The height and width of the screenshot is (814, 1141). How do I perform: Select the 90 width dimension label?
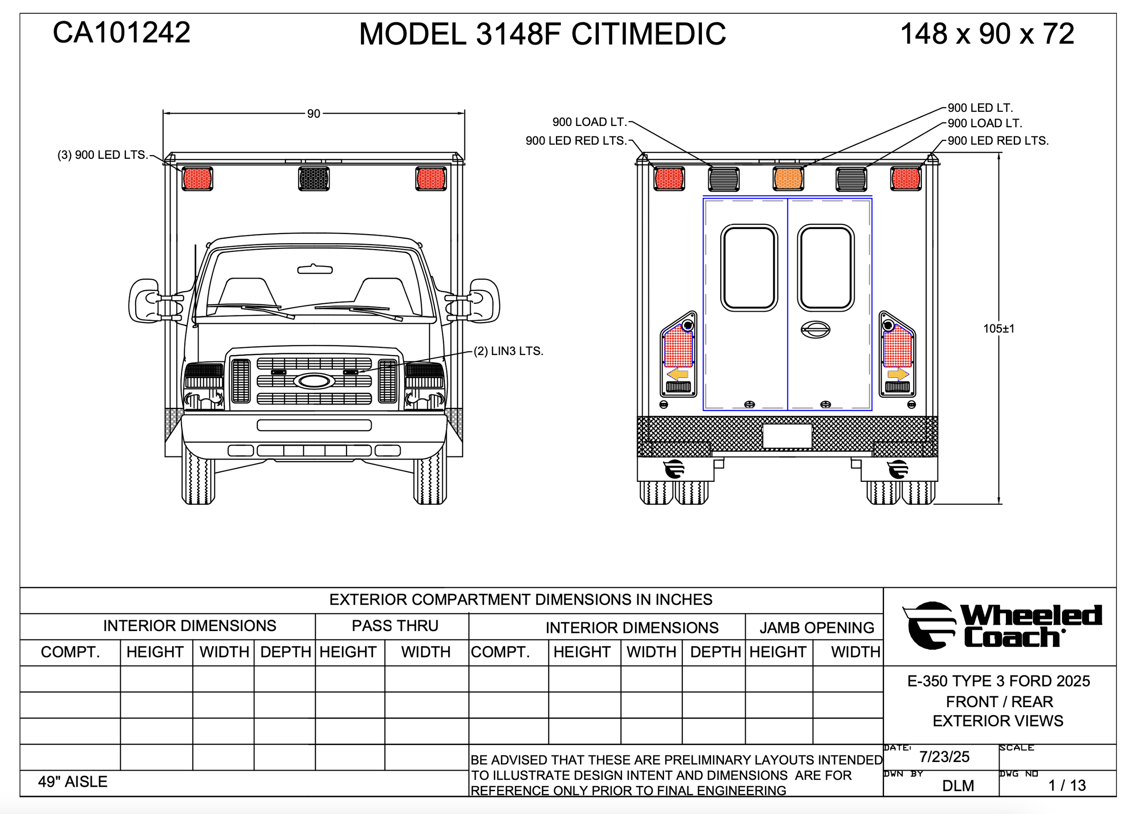[314, 114]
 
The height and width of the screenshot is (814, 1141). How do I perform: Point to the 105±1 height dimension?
[999, 329]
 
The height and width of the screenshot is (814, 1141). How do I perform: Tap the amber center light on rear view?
[788, 178]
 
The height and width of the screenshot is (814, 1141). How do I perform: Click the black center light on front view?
[314, 178]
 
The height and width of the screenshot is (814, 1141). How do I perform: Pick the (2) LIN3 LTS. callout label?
[508, 351]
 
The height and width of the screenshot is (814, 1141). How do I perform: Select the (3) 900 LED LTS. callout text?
[103, 155]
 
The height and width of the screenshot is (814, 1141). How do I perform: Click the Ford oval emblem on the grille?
[314, 381]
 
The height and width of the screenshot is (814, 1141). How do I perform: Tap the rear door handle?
[816, 329]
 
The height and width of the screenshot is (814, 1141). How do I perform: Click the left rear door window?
[749, 268]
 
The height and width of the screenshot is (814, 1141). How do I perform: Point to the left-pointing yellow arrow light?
[678, 374]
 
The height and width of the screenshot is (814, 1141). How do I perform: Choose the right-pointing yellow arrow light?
[898, 374]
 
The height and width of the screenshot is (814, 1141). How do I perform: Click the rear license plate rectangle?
[787, 436]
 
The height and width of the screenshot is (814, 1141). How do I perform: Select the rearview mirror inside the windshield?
[315, 270]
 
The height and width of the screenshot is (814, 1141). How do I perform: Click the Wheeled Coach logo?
[1003, 626]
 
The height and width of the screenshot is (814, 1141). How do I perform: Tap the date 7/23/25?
[944, 757]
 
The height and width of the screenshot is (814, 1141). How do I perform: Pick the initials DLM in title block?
[958, 785]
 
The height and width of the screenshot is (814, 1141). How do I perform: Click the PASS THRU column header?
[395, 626]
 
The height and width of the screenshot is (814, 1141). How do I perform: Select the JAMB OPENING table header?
[816, 627]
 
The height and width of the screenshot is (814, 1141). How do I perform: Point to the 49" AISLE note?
[73, 782]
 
